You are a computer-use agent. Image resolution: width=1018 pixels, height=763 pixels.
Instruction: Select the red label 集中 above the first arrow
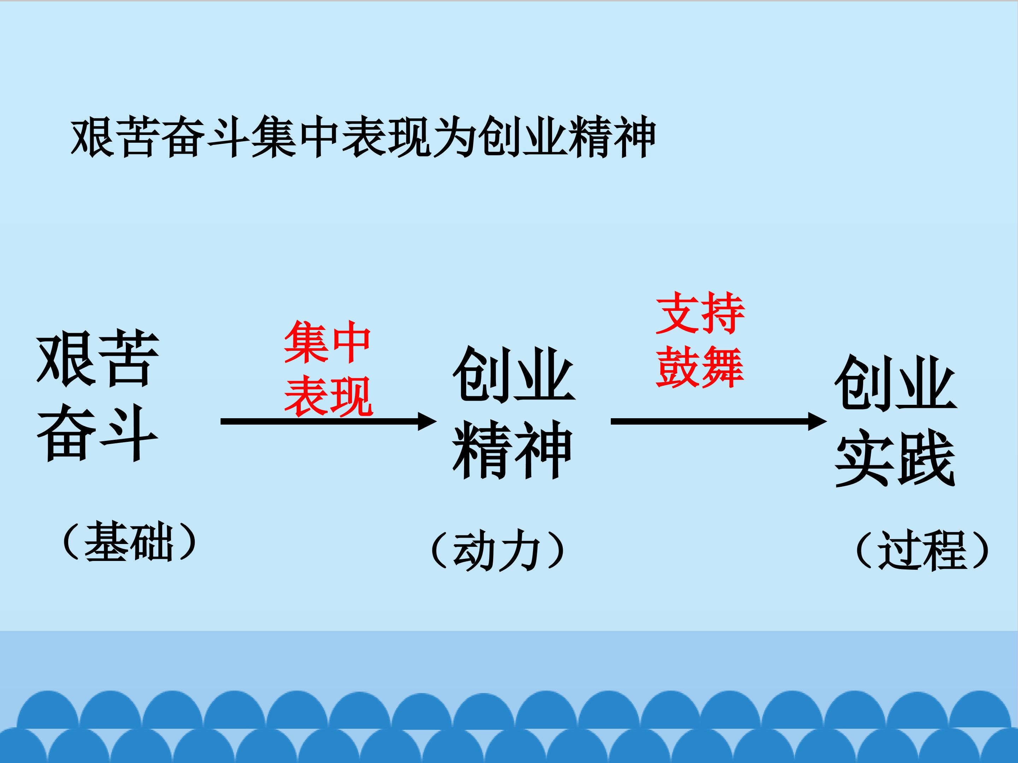(327, 342)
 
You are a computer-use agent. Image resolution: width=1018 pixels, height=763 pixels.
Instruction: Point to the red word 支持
(700, 313)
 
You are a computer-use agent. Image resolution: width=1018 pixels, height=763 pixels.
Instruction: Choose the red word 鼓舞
(700, 367)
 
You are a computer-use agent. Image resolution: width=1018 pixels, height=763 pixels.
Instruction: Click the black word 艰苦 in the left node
(98, 359)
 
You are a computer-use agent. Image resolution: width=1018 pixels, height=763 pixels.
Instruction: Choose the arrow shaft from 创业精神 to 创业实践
(710, 421)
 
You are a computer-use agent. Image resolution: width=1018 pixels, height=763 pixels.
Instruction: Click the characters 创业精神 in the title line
(567, 137)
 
